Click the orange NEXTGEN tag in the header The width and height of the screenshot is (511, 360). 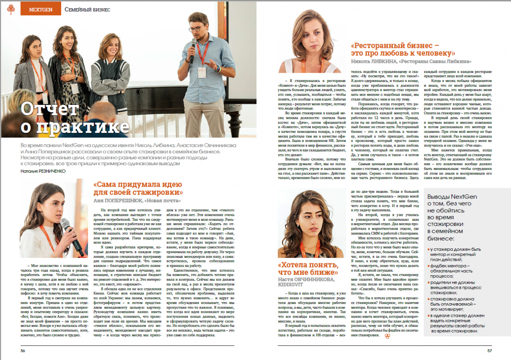point(40,9)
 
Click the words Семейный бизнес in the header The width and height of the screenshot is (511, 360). point(87,9)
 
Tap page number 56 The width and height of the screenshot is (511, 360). point(23,350)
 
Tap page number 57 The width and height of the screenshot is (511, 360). point(489,350)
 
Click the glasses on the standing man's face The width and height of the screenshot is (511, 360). point(196,29)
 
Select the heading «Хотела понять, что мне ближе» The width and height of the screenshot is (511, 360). point(308,269)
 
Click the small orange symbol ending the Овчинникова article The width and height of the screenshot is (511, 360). point(387,336)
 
